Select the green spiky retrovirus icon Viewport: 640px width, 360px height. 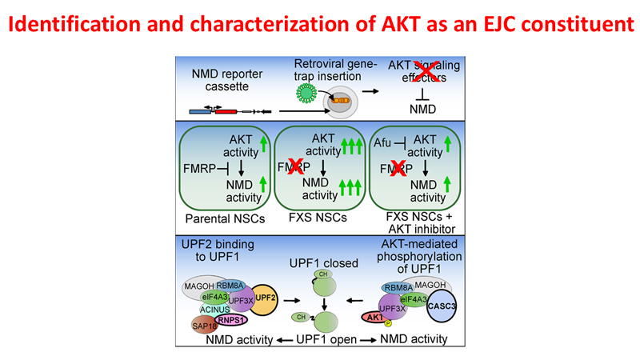[x=306, y=93]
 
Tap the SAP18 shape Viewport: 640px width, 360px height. [x=202, y=323]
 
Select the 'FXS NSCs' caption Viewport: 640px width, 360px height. [x=319, y=217]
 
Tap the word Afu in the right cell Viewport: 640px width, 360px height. [x=382, y=142]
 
